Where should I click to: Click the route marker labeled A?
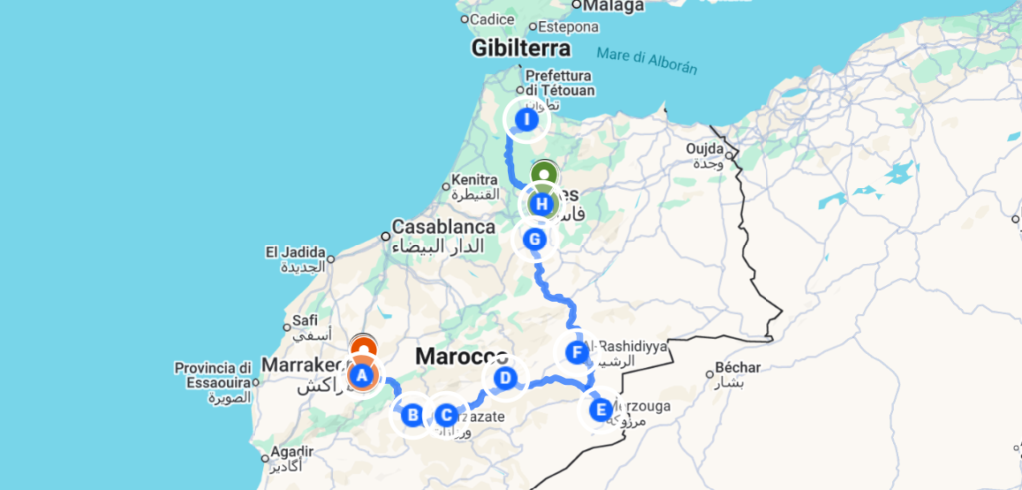pos(361,375)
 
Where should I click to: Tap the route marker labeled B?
pos(412,414)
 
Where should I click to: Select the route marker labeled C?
pos(445,415)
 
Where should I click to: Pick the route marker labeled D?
pos(505,378)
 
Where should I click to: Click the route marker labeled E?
pos(600,409)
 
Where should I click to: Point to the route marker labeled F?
pos(575,352)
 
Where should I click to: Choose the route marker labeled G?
pos(535,240)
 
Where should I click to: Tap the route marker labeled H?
pos(542,204)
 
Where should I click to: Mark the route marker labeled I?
pos(526,121)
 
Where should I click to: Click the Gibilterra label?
pos(521,48)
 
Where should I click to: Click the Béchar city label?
pos(738,367)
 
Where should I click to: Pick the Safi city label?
pos(304,321)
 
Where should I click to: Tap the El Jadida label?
pos(289,251)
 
